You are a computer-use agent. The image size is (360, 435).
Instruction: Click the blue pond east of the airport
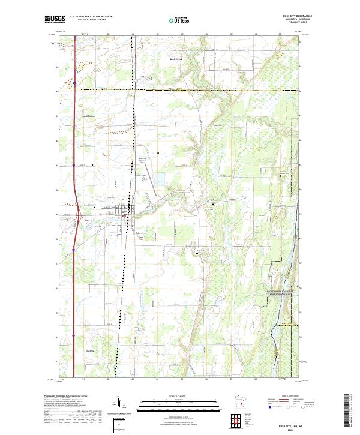tap(160, 179)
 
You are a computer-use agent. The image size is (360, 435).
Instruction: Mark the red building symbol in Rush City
tap(124, 219)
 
